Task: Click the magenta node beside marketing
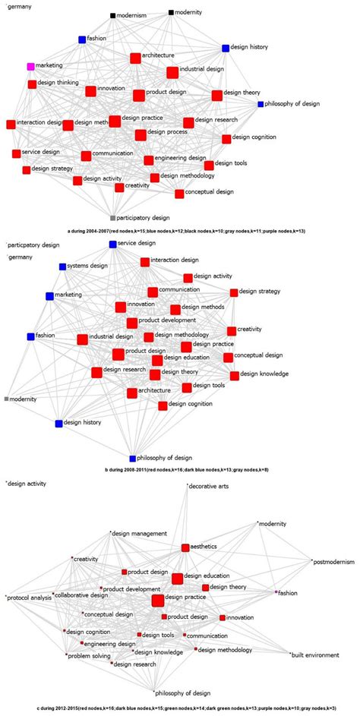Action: point(30,67)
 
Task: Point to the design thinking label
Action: point(58,83)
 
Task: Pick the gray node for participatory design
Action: point(112,217)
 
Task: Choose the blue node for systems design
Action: point(62,267)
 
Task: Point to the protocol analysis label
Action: point(30,598)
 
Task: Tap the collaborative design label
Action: point(83,595)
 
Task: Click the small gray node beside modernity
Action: point(7,399)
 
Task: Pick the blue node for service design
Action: point(112,244)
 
